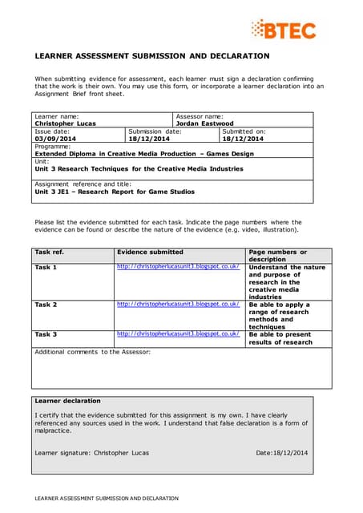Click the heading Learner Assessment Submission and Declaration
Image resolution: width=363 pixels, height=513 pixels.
coord(151,56)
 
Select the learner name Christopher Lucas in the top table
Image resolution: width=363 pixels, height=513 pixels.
coord(65,123)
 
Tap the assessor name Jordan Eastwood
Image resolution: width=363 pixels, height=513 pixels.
coord(204,123)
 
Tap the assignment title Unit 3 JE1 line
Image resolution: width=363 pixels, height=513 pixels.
coord(115,192)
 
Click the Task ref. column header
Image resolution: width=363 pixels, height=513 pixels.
coord(50,252)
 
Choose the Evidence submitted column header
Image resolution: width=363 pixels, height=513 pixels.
coord(150,252)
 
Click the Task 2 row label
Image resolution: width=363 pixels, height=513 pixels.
coord(46,305)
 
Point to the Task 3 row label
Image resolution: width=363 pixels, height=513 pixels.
coord(46,334)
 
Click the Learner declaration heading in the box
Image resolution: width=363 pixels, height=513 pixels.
coord(68,401)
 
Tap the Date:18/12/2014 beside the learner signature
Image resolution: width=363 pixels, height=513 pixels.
coord(281,453)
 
